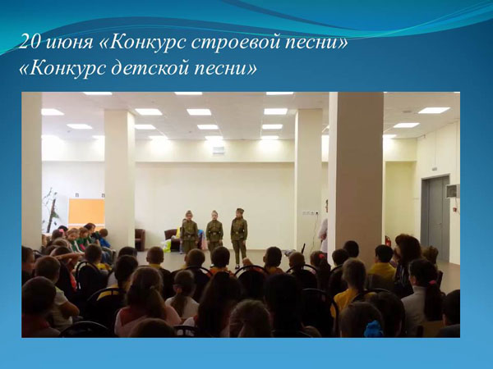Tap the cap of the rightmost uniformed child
[x=240, y=210]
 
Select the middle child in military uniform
[x=214, y=230]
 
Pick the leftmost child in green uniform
[x=189, y=231]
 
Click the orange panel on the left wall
[x=86, y=212]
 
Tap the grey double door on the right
[x=435, y=219]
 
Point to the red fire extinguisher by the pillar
[x=388, y=241]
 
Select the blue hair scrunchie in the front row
[x=374, y=329]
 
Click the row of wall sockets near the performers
[x=311, y=212]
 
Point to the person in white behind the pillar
[x=323, y=226]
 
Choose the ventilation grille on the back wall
[x=219, y=150]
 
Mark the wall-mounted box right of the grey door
[x=453, y=191]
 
